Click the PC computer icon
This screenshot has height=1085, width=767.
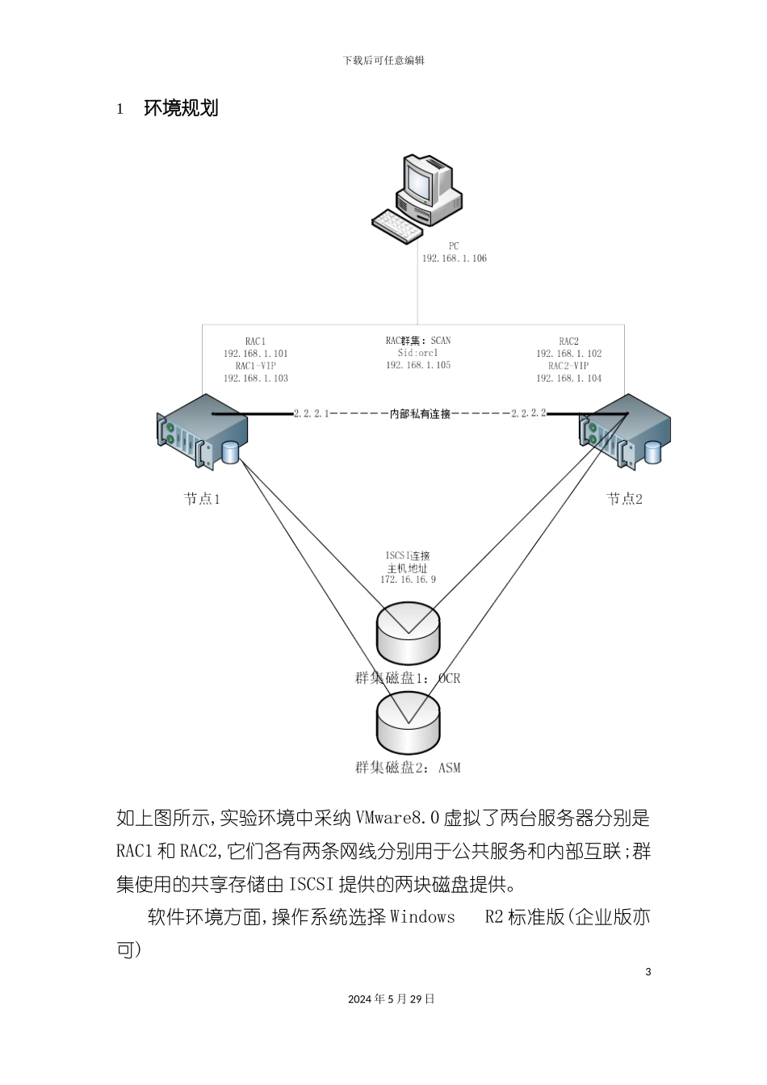(417, 199)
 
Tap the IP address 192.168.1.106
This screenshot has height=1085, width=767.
(454, 258)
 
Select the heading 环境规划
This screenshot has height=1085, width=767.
(181, 108)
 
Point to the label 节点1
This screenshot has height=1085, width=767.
(202, 499)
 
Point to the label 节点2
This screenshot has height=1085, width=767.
(624, 499)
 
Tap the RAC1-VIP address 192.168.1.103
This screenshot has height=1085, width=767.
(255, 378)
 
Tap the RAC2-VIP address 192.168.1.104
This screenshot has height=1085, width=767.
(568, 378)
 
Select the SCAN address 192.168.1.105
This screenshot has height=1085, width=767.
(418, 365)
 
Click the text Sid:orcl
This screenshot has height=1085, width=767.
(418, 353)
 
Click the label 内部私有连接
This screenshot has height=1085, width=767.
(420, 414)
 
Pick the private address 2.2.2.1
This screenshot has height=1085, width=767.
(311, 413)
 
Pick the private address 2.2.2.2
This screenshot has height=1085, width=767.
(528, 413)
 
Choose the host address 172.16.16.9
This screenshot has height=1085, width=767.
(408, 580)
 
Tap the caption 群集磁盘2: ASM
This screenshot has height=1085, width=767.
(408, 768)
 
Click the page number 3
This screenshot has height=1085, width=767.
(648, 971)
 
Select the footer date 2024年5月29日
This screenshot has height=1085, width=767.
(392, 999)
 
